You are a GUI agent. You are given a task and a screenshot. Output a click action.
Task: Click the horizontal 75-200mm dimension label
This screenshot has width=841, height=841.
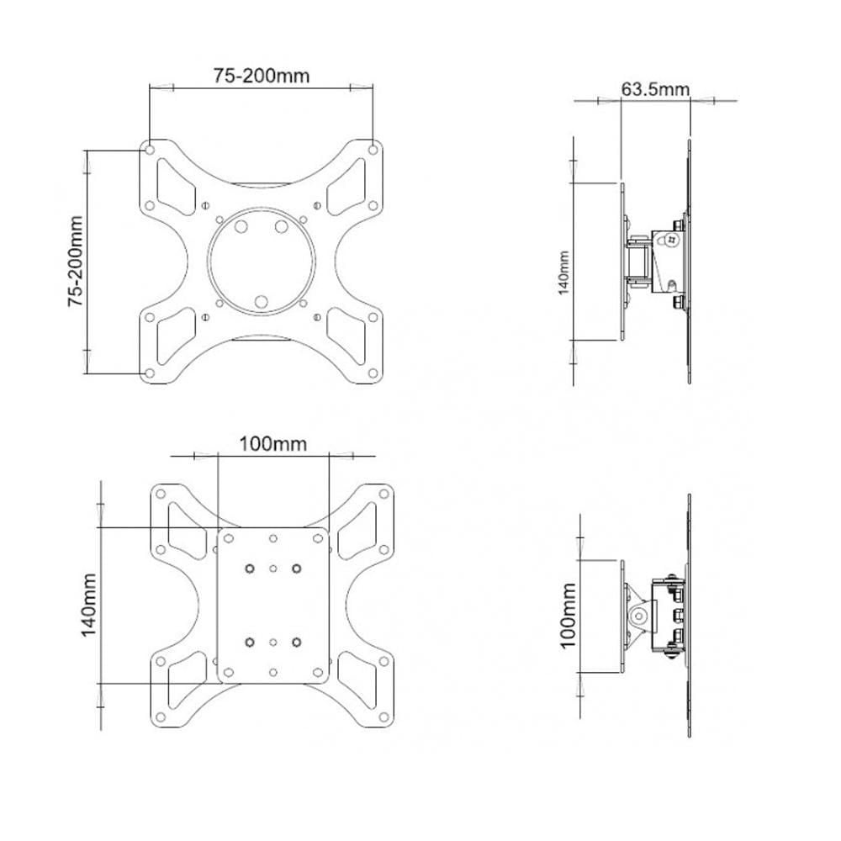tap(261, 76)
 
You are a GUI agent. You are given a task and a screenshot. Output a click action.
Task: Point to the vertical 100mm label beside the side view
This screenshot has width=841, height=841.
tap(568, 615)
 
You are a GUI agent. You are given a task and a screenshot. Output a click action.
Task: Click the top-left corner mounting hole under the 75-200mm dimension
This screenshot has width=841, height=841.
tap(150, 150)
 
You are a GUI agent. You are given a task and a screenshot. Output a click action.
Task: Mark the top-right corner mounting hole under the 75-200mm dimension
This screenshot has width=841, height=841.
tap(373, 150)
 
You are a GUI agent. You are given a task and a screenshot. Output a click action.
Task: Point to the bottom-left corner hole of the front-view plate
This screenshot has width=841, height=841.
tap(150, 373)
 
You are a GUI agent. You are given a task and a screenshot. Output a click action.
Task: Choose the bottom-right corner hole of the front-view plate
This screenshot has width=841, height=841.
tap(373, 373)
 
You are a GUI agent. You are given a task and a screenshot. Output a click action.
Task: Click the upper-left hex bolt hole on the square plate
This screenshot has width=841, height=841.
tap(250, 569)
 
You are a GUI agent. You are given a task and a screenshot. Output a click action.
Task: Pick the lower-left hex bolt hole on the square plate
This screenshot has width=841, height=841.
tap(250, 643)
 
